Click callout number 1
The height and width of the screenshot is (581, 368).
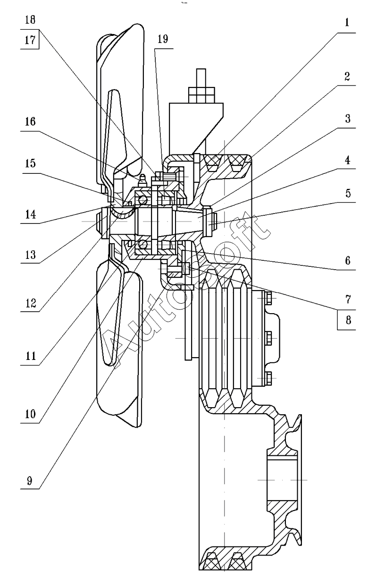pyautogui.click(x=347, y=23)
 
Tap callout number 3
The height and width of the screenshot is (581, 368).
pyautogui.click(x=347, y=119)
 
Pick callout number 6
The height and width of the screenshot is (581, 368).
pyautogui.click(x=347, y=260)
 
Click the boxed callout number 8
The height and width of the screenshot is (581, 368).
pyautogui.click(x=347, y=319)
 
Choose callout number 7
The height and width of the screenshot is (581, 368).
pyautogui.click(x=347, y=299)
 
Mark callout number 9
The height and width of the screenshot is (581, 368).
pyautogui.click(x=30, y=481)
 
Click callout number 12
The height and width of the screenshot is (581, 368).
pyautogui.click(x=30, y=303)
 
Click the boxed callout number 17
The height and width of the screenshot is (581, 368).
pyautogui.click(x=30, y=41)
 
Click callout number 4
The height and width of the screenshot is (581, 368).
pyautogui.click(x=347, y=160)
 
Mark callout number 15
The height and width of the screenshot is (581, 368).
pyautogui.click(x=30, y=163)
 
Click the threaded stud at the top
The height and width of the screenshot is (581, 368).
pyautogui.click(x=201, y=78)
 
